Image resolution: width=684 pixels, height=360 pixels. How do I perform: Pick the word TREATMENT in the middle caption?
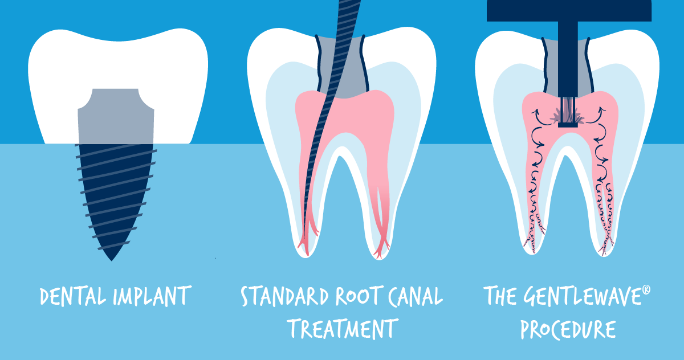pos(341,329)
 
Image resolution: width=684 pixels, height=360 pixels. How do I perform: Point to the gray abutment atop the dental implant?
pos(116,114)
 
